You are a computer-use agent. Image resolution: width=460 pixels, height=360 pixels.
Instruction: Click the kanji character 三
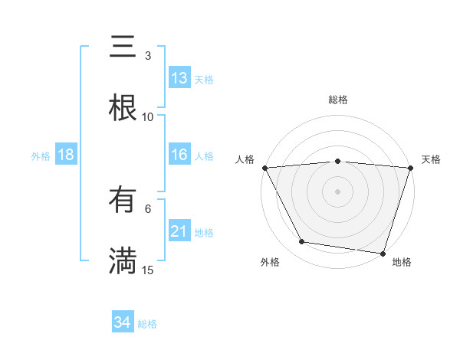point(123,47)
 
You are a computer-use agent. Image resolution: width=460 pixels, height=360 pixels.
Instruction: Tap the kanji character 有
point(123,201)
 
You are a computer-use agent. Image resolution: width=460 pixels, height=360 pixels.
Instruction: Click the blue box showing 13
point(179,78)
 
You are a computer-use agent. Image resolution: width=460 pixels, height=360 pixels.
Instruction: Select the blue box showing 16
point(179,155)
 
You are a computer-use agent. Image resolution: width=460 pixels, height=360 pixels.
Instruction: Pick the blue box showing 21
point(179,232)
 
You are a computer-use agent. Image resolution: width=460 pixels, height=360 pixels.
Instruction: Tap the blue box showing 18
point(66,155)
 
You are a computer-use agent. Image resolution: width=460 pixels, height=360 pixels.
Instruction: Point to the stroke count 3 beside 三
point(148,55)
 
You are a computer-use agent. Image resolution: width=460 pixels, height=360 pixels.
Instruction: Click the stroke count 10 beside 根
point(148,116)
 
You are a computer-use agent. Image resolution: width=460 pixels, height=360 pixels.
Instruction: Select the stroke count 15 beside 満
point(148,270)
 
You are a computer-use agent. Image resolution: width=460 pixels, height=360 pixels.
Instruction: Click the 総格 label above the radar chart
point(338,100)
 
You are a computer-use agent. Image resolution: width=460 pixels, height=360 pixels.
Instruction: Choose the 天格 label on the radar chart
point(432,159)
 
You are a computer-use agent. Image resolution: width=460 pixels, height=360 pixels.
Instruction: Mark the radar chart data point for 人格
point(264,167)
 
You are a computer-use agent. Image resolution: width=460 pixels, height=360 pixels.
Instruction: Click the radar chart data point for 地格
point(383,253)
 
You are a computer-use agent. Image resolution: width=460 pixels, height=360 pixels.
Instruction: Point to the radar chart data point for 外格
point(302,242)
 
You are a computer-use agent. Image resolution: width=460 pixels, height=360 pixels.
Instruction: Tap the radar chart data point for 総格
point(338,161)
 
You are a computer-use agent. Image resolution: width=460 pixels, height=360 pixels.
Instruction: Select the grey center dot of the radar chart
point(338,191)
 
